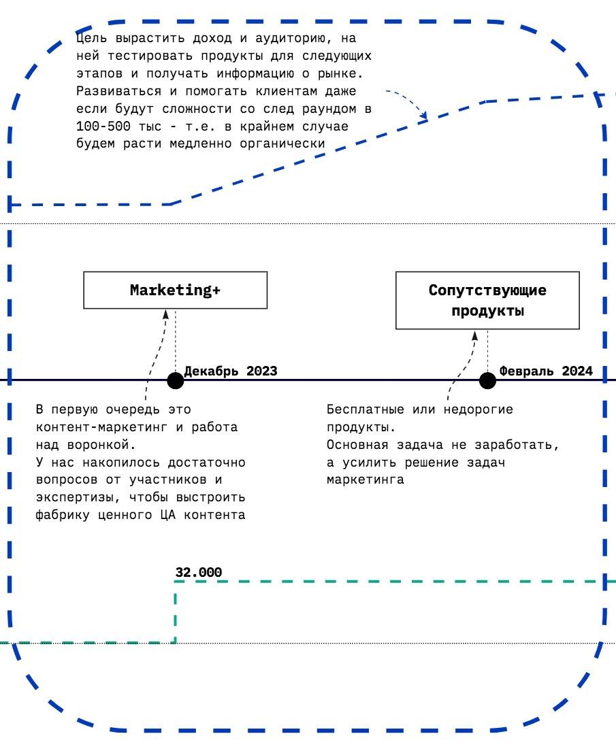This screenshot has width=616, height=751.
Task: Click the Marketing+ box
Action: [175, 290]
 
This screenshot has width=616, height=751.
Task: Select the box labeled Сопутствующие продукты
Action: [487, 300]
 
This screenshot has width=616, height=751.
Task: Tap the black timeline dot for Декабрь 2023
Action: [176, 380]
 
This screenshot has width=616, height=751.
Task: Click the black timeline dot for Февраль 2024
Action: [487, 380]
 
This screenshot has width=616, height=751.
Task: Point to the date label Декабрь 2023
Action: [231, 371]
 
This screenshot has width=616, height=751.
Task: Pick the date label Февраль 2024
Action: [546, 371]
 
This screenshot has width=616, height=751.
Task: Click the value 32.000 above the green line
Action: [198, 573]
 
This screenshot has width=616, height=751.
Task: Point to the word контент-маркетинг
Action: [91, 427]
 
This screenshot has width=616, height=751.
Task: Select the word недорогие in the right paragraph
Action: [479, 410]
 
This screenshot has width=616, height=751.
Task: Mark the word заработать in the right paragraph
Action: [521, 445]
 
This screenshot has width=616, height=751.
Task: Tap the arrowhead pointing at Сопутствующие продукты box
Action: [474, 335]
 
